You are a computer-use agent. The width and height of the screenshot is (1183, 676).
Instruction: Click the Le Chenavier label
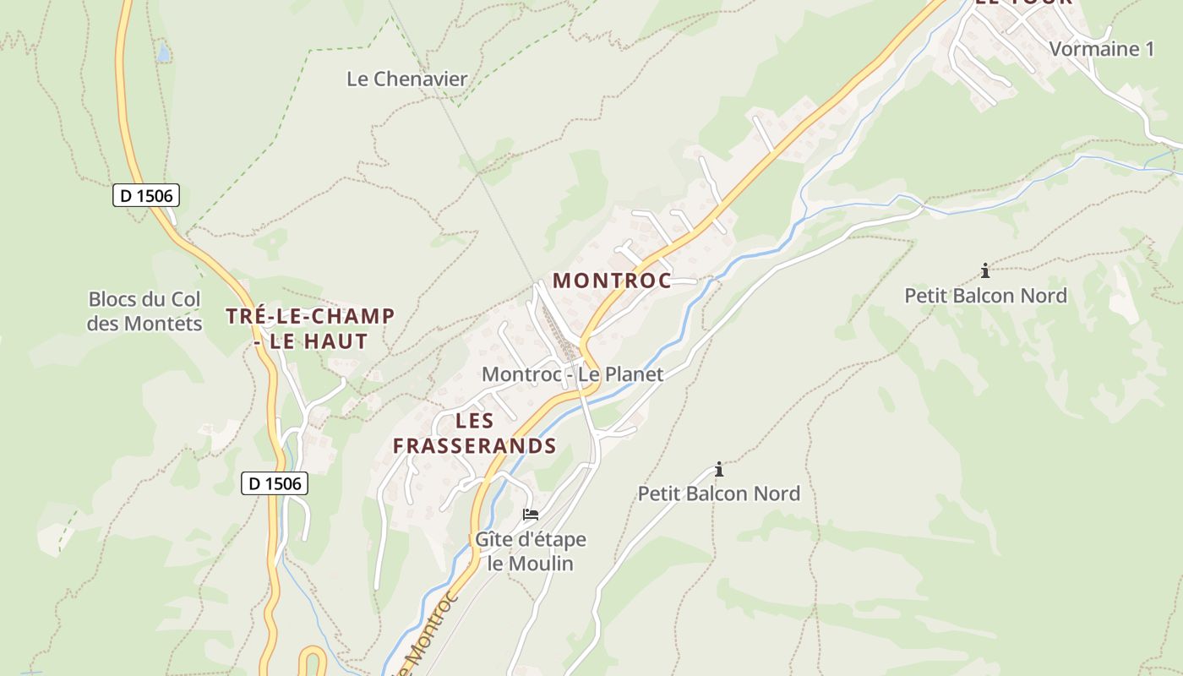406,79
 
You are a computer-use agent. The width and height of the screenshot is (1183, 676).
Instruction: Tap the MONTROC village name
612,281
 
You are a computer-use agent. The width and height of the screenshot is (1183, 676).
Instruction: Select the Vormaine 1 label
1101,49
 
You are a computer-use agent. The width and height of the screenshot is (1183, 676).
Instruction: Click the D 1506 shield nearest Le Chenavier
146,195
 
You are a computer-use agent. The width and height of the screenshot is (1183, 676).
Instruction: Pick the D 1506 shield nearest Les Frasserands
275,483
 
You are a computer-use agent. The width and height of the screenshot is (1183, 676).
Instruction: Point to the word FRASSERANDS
474,445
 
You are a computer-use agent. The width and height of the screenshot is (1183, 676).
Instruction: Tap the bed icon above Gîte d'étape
531,514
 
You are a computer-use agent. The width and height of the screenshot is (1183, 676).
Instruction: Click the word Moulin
542,563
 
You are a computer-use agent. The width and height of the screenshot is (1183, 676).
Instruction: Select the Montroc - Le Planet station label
572,373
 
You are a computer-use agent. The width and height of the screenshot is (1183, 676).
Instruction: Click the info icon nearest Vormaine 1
985,271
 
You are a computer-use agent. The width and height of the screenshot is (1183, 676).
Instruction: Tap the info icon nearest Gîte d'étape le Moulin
719,469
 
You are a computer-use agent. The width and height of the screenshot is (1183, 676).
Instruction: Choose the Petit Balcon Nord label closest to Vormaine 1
985,296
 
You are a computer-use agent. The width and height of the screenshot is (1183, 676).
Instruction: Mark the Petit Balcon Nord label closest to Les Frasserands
718,493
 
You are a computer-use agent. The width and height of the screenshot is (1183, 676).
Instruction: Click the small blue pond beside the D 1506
162,54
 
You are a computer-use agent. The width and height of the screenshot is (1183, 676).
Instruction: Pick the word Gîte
493,539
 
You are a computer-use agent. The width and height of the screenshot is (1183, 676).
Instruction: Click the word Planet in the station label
633,373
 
